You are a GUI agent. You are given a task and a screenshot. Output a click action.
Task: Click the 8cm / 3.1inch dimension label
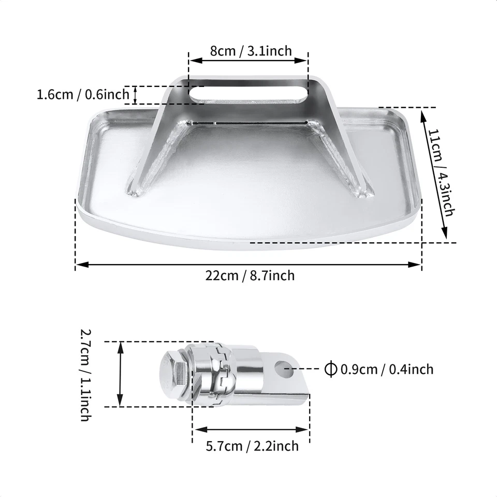click(x=251, y=51)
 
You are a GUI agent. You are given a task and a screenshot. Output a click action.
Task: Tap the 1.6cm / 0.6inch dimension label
click(x=83, y=95)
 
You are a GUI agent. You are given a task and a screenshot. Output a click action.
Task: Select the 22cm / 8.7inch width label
click(x=250, y=275)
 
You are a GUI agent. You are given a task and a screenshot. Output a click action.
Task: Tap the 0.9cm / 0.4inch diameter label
click(x=386, y=369)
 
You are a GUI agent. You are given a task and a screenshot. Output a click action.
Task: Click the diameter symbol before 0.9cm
click(x=330, y=369)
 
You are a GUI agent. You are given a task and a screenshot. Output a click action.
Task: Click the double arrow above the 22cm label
click(x=248, y=265)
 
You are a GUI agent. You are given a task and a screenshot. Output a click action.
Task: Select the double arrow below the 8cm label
click(x=248, y=61)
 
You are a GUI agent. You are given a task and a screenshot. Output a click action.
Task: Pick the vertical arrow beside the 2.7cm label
click(x=120, y=374)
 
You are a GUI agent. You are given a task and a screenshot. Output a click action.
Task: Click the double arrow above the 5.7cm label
click(x=252, y=429)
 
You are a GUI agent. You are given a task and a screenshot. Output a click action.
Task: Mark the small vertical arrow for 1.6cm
click(x=136, y=95)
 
